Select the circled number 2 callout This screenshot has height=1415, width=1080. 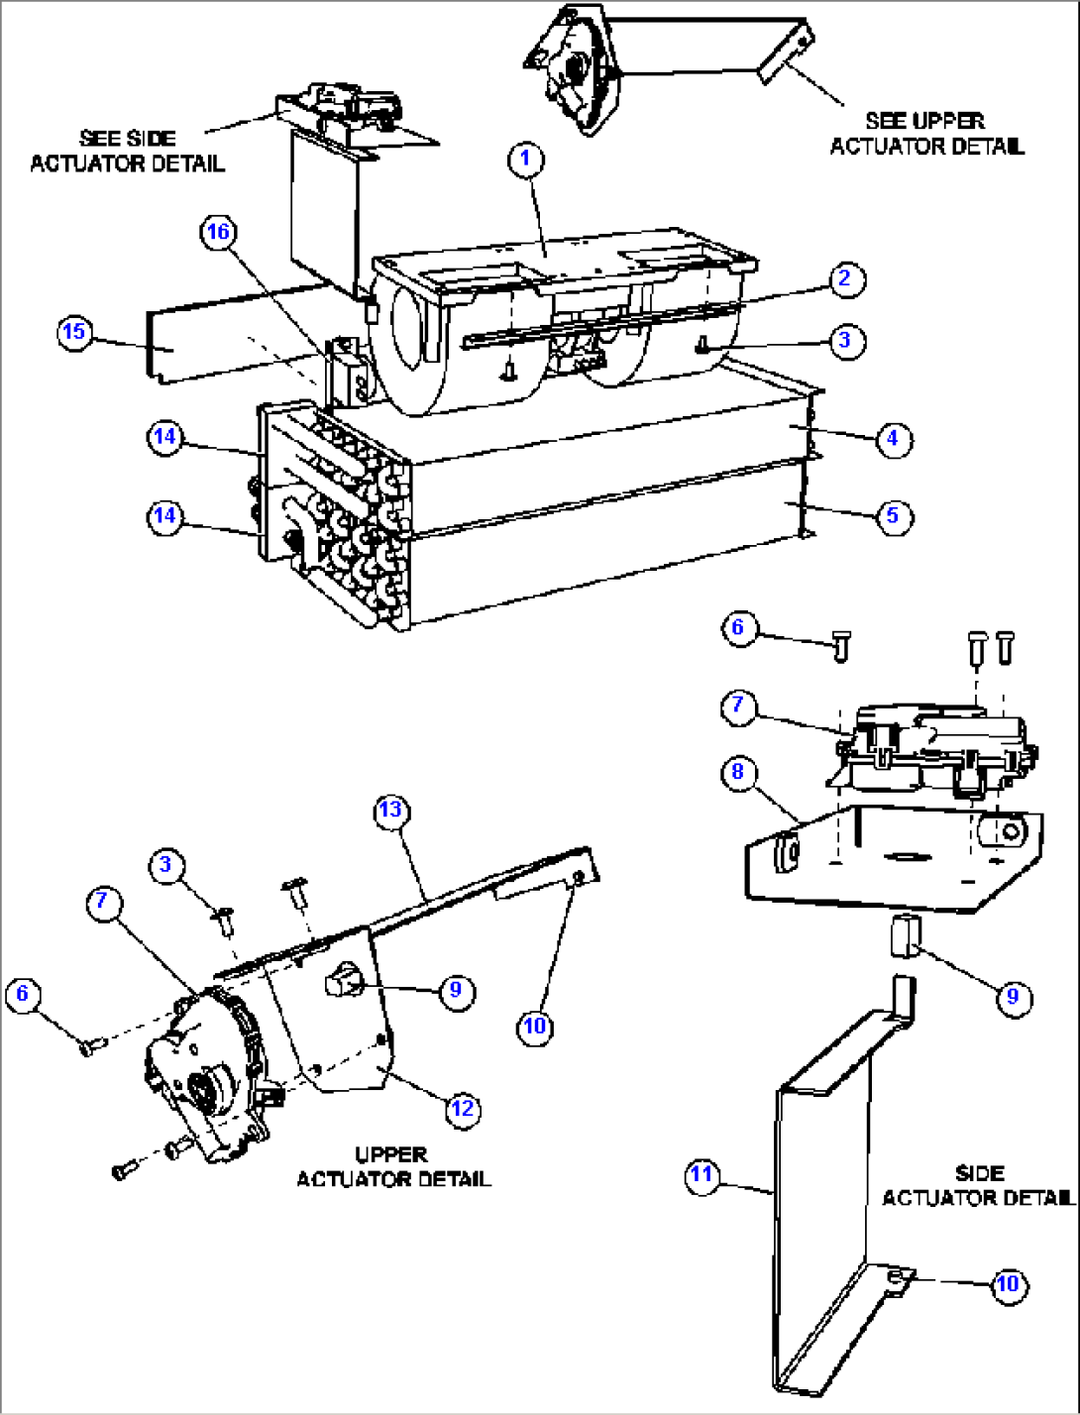(844, 279)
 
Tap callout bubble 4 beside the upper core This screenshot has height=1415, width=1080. (893, 437)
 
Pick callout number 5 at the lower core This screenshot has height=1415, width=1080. (893, 515)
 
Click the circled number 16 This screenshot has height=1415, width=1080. (218, 233)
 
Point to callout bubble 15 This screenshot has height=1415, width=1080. (75, 331)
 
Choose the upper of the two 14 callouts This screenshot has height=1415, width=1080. (165, 437)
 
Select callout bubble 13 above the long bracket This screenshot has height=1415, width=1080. (391, 811)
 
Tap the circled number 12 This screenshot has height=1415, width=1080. (463, 1108)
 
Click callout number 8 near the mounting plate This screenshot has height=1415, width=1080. (738, 772)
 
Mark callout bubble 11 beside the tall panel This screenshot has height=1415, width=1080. (702, 1175)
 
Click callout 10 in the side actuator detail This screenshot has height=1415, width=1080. (1007, 1284)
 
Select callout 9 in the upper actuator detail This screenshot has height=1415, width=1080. (456, 990)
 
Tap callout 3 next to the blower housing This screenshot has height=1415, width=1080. (844, 340)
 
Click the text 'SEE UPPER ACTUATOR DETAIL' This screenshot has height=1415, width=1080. (926, 134)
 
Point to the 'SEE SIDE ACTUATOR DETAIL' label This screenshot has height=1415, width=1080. (127, 151)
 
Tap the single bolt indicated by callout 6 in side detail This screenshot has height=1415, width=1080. (840, 647)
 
